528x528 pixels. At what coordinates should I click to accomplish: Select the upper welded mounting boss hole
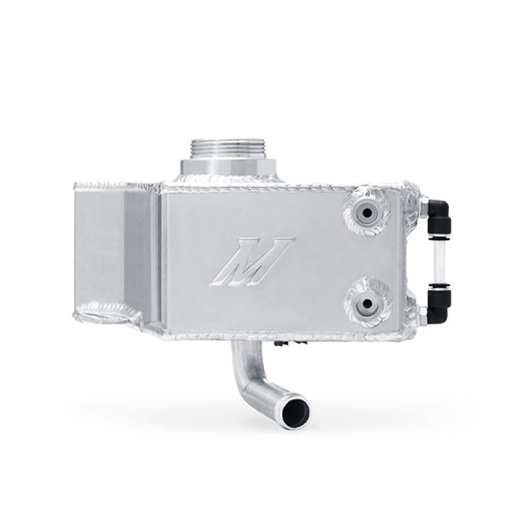(364, 213)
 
